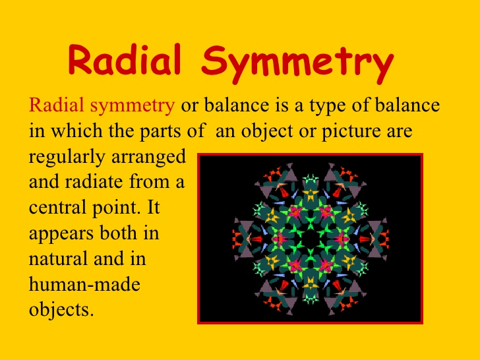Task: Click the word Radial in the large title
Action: coord(125,60)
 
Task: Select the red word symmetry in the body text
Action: coord(133,106)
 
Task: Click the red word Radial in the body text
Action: coord(56,105)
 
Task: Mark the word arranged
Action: coord(149,158)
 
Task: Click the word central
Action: coord(56,208)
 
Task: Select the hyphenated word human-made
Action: coord(84,284)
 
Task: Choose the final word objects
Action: coord(61,311)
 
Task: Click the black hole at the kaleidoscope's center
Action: coord(311,239)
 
